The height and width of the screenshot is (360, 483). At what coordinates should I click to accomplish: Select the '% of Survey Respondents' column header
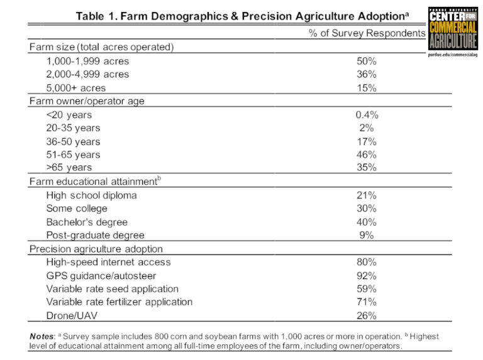[367, 33]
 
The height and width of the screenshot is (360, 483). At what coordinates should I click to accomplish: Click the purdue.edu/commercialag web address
[453, 56]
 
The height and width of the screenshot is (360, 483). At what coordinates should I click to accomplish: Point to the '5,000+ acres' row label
[75, 88]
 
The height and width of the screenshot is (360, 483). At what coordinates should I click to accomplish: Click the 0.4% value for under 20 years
[367, 115]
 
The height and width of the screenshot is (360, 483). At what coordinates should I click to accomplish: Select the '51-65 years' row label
[73, 155]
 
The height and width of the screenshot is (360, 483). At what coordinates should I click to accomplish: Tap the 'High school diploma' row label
[91, 195]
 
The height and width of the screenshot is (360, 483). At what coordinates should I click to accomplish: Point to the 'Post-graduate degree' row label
[95, 236]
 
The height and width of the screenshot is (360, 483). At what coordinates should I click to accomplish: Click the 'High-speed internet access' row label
[108, 262]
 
